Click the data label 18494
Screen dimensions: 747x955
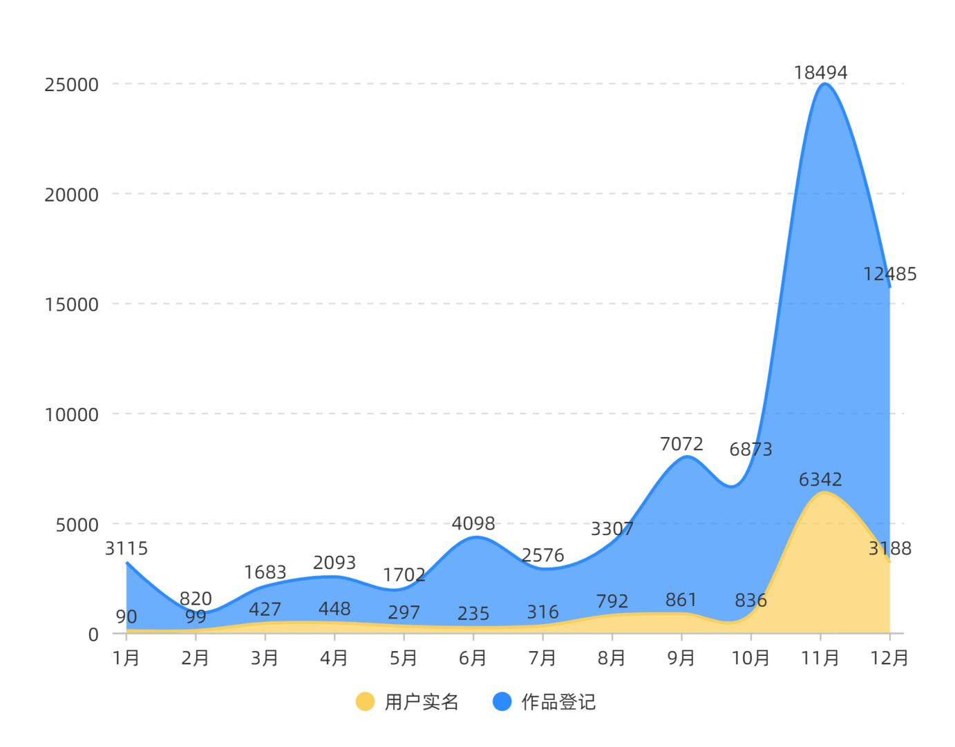[x=820, y=72]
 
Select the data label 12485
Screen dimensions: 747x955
[x=889, y=274]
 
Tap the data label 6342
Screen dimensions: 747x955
[x=820, y=479]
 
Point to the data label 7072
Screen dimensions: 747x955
[x=681, y=444]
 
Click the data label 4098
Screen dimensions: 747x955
[x=473, y=523]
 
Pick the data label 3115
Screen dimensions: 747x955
[x=126, y=549]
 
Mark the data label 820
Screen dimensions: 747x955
[x=196, y=598]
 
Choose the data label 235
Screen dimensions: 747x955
[x=473, y=613]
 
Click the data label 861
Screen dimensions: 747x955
[x=681, y=599]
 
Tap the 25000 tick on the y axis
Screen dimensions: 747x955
[x=72, y=85]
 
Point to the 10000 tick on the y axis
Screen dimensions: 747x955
[x=72, y=414]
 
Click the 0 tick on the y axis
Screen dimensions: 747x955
[x=93, y=634]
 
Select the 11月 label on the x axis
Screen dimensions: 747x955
[x=820, y=658]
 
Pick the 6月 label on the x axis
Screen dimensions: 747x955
[x=473, y=658]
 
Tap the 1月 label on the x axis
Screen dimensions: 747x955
[x=126, y=658]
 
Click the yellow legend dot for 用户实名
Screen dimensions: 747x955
[x=366, y=702]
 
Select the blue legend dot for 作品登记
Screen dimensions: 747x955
[x=502, y=702]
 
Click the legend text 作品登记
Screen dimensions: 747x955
[x=558, y=702]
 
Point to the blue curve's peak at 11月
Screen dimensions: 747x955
[x=824, y=84]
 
